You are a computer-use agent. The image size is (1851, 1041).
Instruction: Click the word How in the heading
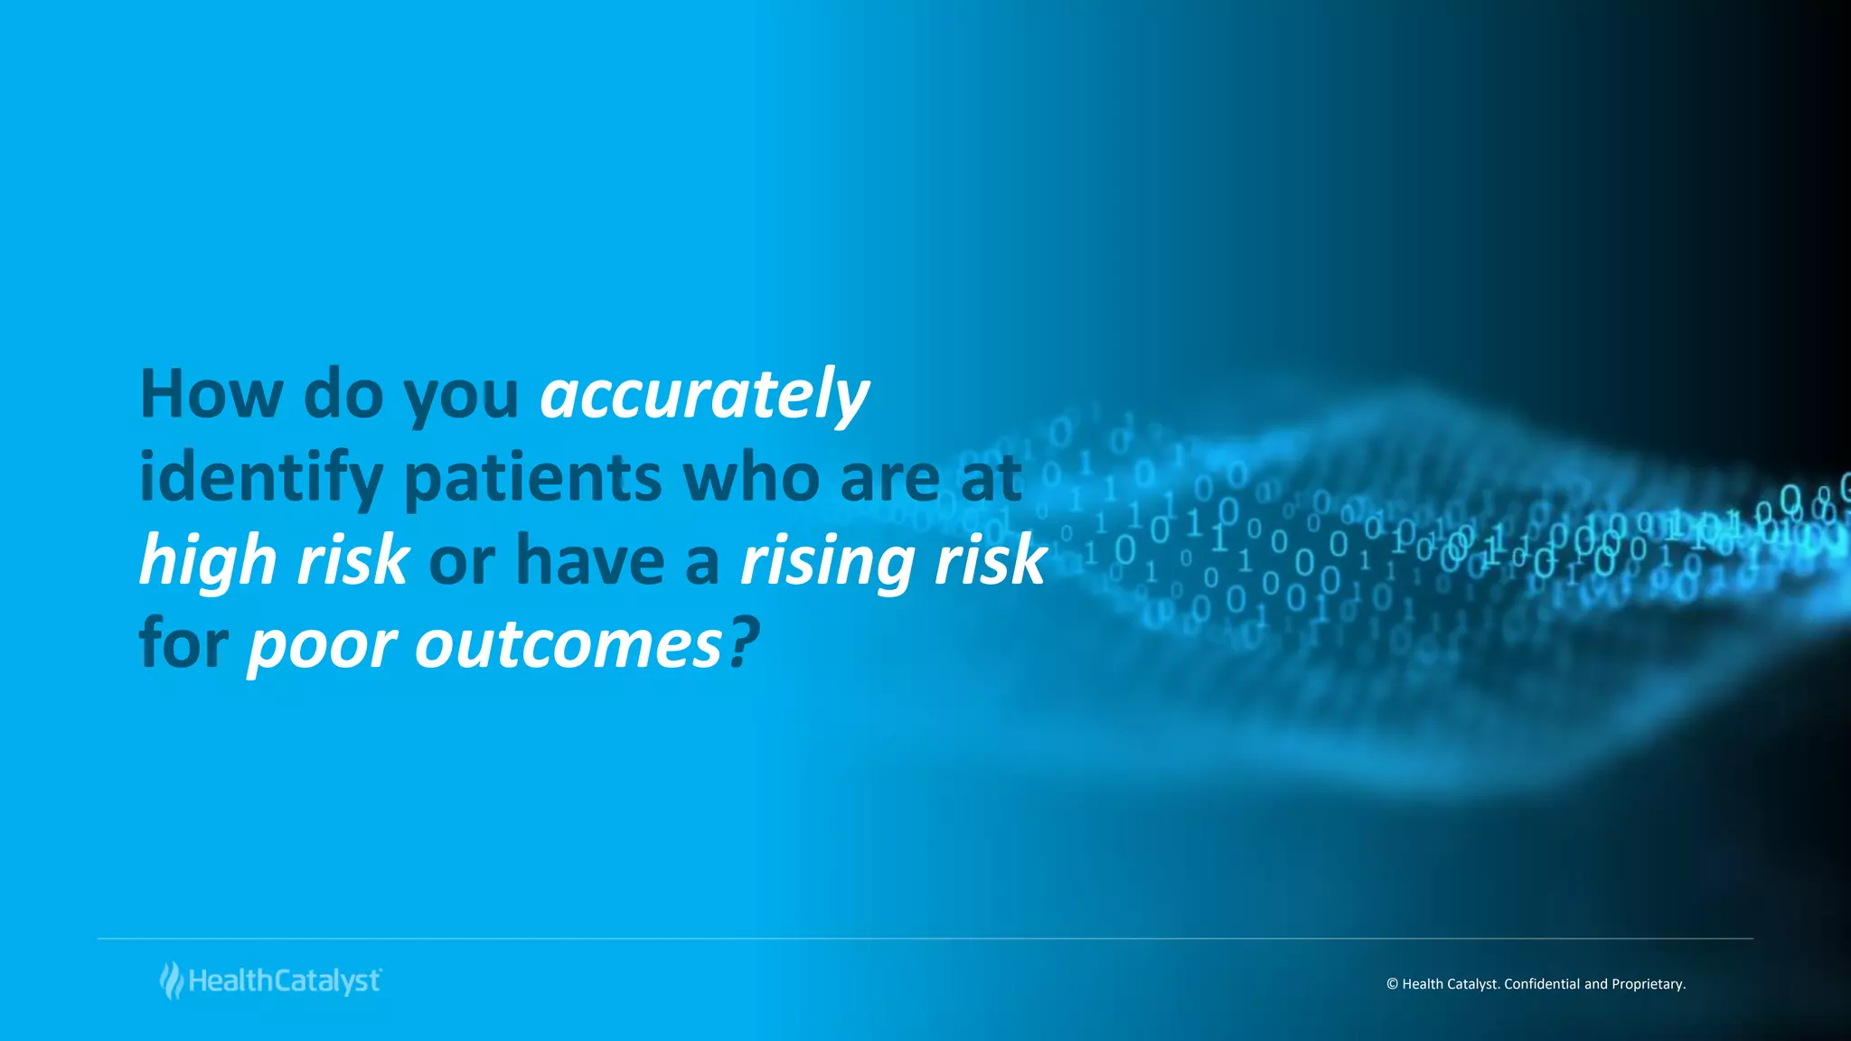[x=211, y=395]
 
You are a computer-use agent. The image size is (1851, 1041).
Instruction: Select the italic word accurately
[x=704, y=395]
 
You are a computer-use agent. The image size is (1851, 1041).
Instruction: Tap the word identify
[x=260, y=479]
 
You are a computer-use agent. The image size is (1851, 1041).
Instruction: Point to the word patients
[x=532, y=479]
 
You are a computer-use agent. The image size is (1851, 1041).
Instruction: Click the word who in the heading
[x=750, y=479]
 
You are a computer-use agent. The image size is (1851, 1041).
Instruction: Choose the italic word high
[x=209, y=560]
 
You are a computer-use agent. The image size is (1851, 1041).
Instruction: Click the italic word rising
[x=828, y=560]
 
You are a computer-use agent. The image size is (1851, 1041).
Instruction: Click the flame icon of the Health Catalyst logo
[x=171, y=980]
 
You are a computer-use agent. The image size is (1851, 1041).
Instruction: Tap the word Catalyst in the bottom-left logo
[x=326, y=981]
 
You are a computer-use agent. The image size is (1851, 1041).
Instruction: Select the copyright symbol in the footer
[x=1392, y=984]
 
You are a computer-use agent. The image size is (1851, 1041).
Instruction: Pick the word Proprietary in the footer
[x=1648, y=984]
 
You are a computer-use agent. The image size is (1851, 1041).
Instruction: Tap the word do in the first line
[x=343, y=395]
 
